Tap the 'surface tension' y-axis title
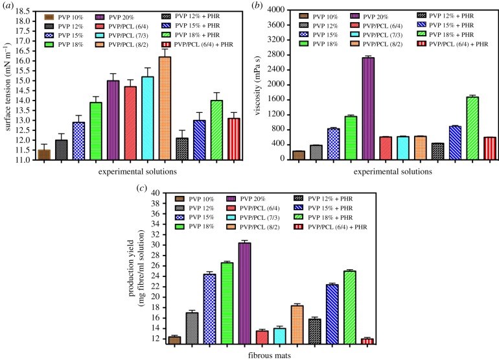[x=8, y=84]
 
